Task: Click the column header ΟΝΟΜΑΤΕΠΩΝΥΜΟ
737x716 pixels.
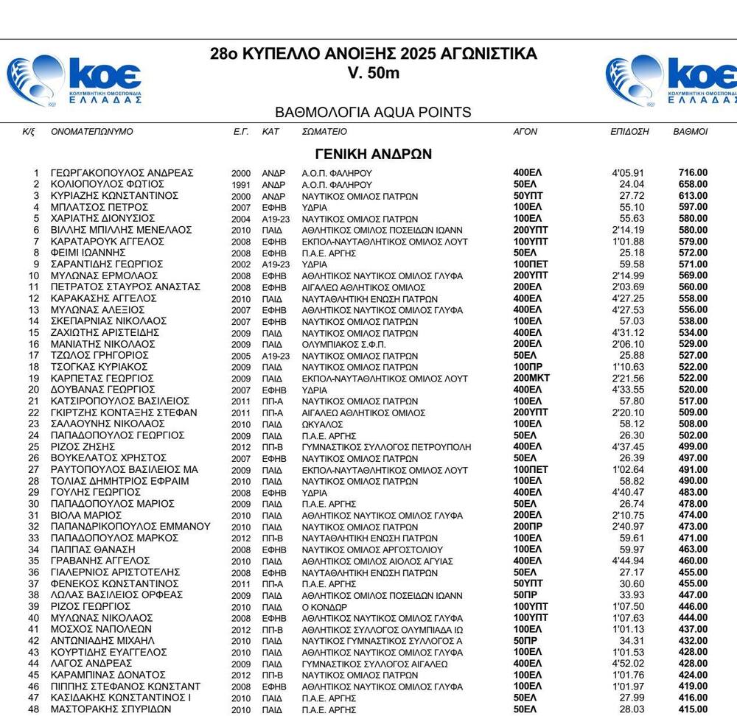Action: (x=92, y=132)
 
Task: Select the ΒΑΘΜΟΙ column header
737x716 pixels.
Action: (x=691, y=132)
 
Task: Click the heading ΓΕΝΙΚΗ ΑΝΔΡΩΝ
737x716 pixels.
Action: (x=373, y=154)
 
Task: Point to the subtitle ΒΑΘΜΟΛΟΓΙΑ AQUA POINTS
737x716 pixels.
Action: (x=373, y=113)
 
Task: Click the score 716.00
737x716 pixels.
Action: (x=693, y=173)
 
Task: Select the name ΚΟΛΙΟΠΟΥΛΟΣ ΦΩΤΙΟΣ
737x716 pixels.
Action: (x=107, y=184)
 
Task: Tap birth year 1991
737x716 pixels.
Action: (x=242, y=184)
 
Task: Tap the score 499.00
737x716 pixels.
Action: (x=693, y=447)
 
